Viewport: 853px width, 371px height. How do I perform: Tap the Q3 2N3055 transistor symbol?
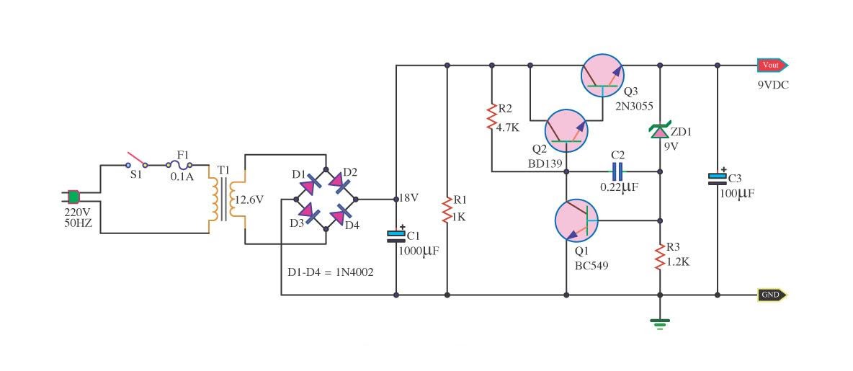coord(602,75)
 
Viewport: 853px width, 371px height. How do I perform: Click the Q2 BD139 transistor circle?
coord(566,131)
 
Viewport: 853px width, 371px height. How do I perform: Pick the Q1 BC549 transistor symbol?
coord(577,220)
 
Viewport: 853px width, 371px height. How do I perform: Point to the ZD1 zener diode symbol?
coord(659,131)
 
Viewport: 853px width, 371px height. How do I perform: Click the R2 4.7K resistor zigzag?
coord(492,117)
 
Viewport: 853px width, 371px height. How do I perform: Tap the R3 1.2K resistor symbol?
coord(659,256)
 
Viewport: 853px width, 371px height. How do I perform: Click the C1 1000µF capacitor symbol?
coord(396,236)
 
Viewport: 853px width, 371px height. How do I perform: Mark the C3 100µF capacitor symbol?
coord(718,178)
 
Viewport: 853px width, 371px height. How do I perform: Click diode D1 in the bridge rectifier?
coord(308,185)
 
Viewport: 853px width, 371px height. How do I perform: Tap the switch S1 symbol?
coord(135,160)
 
